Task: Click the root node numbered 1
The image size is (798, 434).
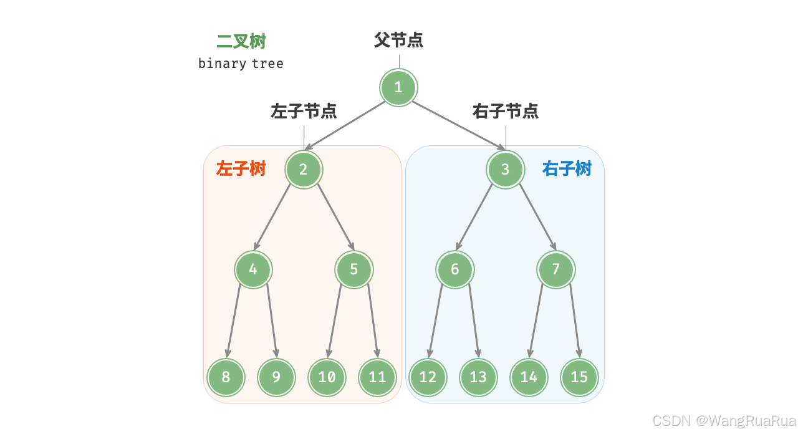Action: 398,87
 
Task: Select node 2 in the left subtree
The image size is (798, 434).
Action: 304,169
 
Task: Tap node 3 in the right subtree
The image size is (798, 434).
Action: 505,169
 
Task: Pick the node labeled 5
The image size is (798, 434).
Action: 354,269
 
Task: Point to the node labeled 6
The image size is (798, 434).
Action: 454,269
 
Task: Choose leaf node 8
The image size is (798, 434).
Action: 226,377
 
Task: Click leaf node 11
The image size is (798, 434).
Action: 377,377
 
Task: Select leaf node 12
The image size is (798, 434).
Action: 428,377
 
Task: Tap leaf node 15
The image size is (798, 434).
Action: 579,377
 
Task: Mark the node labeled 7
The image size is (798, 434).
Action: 555,269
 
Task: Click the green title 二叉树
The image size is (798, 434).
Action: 241,42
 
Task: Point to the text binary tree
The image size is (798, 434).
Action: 241,64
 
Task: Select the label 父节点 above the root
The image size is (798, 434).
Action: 398,41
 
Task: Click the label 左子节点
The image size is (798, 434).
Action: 304,112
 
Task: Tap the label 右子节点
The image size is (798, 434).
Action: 505,112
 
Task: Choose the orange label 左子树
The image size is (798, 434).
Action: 241,169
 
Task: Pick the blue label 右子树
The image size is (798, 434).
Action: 567,169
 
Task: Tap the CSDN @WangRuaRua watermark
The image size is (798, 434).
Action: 724,420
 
